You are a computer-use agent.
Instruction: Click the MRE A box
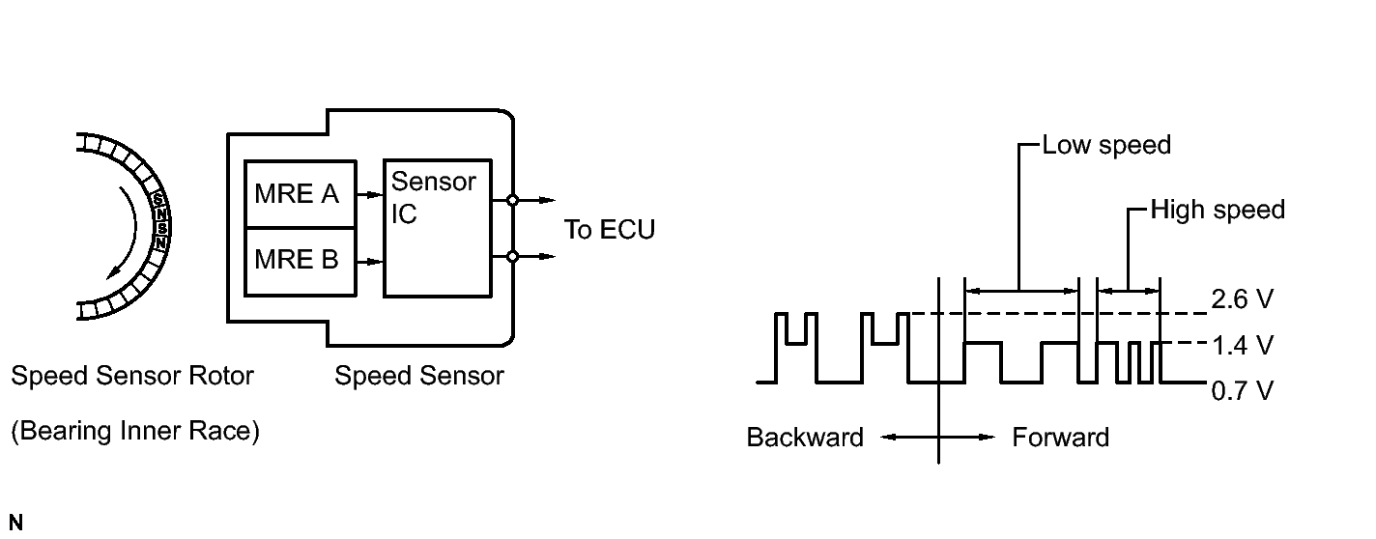(x=297, y=194)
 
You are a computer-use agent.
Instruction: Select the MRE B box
(x=297, y=261)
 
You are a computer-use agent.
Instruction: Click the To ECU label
(x=610, y=230)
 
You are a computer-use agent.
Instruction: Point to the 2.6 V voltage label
(x=1242, y=300)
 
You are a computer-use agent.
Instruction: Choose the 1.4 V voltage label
(x=1242, y=345)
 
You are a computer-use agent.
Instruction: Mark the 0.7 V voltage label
(x=1242, y=390)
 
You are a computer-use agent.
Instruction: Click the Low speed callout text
(x=1106, y=146)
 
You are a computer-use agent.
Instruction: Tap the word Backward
(x=805, y=438)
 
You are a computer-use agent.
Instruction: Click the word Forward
(x=1060, y=438)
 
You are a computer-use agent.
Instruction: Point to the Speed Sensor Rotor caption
(x=132, y=376)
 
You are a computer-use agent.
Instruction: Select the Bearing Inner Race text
(x=135, y=432)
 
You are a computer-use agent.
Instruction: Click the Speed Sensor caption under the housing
(x=419, y=376)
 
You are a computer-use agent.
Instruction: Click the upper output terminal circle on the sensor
(x=512, y=201)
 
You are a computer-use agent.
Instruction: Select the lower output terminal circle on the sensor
(x=512, y=257)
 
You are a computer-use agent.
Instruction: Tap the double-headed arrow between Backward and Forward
(x=938, y=438)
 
